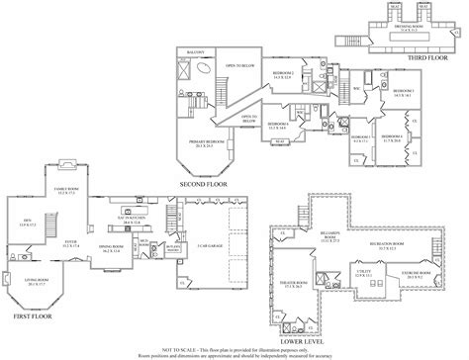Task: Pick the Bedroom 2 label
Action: coord(282,75)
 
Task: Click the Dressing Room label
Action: coord(410,28)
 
